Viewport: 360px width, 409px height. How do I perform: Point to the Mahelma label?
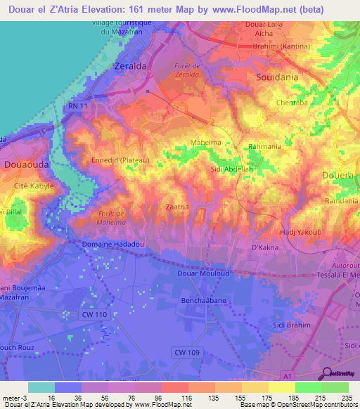click(207, 143)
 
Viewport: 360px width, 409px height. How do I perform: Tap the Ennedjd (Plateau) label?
click(121, 160)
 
